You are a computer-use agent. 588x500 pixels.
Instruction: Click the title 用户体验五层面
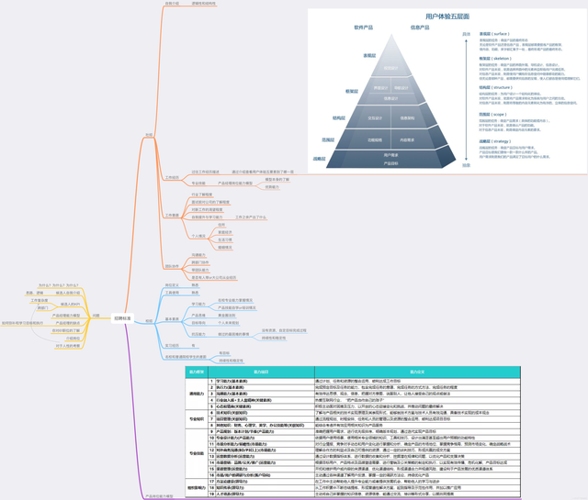[x=447, y=17]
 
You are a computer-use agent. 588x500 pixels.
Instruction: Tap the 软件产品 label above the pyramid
[x=364, y=28]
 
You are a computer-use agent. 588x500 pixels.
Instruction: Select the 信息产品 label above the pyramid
[x=420, y=28]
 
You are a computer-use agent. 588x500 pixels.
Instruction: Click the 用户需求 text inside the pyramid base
[x=391, y=155]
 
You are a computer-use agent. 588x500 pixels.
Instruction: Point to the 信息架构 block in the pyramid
[x=407, y=117]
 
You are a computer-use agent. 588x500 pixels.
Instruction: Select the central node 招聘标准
[x=122, y=317]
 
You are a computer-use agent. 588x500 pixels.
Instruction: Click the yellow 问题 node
[x=96, y=315]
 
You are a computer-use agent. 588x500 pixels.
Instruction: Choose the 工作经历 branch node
[x=172, y=177]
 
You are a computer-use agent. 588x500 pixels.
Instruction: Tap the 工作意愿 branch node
[x=172, y=215]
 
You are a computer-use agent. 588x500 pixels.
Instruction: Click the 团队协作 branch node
[x=172, y=266]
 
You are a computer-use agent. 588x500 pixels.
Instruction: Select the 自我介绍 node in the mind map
[x=172, y=4]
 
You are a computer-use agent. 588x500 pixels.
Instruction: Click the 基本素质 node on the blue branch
[x=172, y=318]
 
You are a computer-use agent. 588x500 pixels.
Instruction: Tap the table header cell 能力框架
[x=197, y=372]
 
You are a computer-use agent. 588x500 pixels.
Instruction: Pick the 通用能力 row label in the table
[x=197, y=393]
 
